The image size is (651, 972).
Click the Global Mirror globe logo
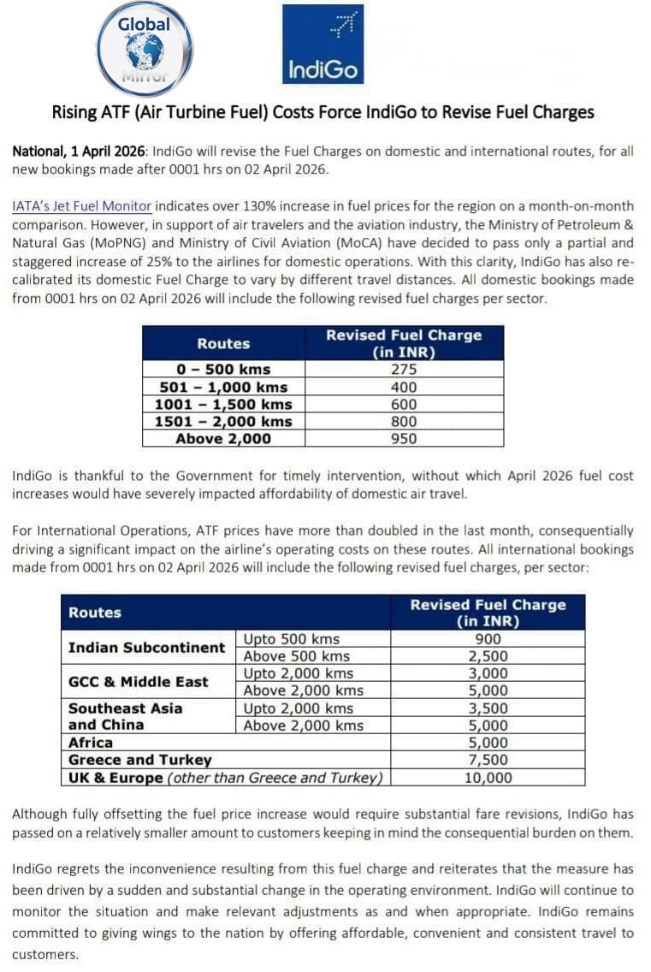tap(145, 49)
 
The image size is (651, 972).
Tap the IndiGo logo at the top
tap(323, 44)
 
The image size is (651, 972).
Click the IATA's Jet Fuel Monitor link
tap(82, 205)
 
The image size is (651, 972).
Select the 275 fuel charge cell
tap(403, 370)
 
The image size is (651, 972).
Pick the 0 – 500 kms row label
tap(223, 370)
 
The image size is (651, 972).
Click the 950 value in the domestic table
tap(403, 439)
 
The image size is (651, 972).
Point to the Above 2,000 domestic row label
tap(223, 439)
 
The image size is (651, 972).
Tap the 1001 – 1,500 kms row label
tap(223, 404)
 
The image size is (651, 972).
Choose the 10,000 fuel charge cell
tap(488, 778)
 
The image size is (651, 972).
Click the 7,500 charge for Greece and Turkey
tap(488, 760)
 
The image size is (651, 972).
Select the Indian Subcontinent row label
tap(146, 648)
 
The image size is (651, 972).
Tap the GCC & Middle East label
tap(138, 682)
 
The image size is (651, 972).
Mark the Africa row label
tap(91, 743)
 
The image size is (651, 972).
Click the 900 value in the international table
tap(488, 639)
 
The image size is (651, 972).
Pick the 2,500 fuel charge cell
tap(488, 656)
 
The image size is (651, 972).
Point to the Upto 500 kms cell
tap(292, 639)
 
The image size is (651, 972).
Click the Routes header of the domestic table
tap(223, 343)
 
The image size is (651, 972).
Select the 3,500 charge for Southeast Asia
tap(488, 708)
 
